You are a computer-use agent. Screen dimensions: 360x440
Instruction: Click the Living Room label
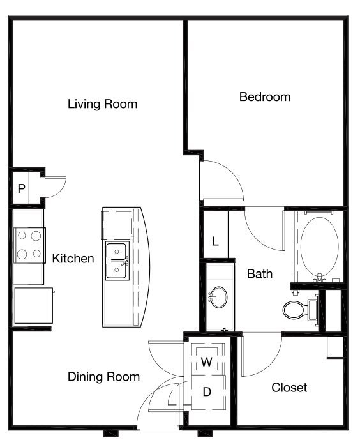(x=102, y=104)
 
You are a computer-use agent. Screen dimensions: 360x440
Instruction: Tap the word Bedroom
(x=265, y=97)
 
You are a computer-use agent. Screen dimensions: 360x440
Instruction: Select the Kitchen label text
(x=73, y=259)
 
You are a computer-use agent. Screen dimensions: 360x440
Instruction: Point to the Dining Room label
(x=104, y=377)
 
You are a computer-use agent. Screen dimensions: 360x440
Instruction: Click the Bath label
(x=260, y=274)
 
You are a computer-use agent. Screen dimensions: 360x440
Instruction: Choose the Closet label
(x=289, y=388)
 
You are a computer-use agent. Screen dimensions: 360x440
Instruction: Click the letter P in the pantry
(x=21, y=188)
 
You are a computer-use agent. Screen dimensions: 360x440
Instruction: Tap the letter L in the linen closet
(x=215, y=241)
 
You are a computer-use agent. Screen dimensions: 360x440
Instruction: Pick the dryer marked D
(x=207, y=392)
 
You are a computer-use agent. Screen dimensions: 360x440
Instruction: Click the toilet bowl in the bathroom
(x=294, y=310)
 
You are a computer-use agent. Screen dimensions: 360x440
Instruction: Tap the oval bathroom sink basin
(x=219, y=297)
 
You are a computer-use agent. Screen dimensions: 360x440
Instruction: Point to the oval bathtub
(x=319, y=247)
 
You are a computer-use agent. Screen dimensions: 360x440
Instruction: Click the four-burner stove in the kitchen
(x=29, y=245)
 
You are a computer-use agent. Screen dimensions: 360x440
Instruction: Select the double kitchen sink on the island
(x=117, y=261)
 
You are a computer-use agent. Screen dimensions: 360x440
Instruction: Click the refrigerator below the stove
(x=34, y=305)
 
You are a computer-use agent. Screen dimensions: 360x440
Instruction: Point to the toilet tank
(x=313, y=310)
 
